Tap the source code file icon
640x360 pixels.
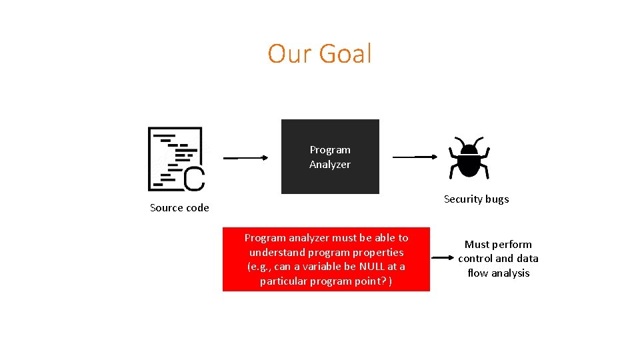[x=175, y=159]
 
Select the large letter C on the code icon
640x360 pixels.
[x=193, y=179]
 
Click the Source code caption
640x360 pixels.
[x=179, y=208]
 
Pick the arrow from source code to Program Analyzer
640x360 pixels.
[x=245, y=158]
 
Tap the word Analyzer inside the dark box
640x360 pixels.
[x=330, y=165]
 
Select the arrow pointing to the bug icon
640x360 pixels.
[x=415, y=157]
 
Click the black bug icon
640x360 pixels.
[x=470, y=159]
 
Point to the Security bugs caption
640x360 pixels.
[x=476, y=199]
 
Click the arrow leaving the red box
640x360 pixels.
[x=443, y=257]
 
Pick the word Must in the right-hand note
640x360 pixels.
[x=477, y=245]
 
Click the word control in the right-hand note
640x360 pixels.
[x=475, y=259]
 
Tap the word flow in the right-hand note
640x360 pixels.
[x=477, y=273]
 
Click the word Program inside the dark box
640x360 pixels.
[x=330, y=150]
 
